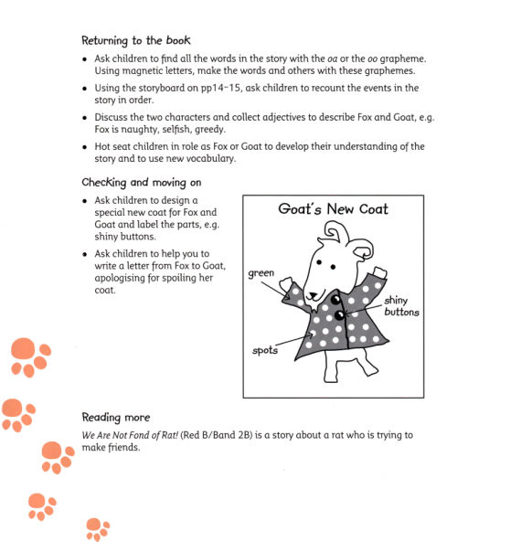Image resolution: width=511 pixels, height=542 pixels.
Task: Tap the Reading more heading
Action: click(115, 417)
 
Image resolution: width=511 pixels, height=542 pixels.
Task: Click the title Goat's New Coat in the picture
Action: click(333, 209)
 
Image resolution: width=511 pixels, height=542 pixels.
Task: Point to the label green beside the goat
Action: click(261, 272)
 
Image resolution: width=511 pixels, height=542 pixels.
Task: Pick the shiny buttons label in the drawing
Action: click(401, 306)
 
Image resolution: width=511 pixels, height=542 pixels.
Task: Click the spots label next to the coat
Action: click(266, 349)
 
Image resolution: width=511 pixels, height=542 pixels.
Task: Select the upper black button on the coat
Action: click(335, 300)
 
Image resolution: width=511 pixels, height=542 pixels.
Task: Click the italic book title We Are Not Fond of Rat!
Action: click(136, 435)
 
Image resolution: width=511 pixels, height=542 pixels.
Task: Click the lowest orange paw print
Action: click(97, 528)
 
